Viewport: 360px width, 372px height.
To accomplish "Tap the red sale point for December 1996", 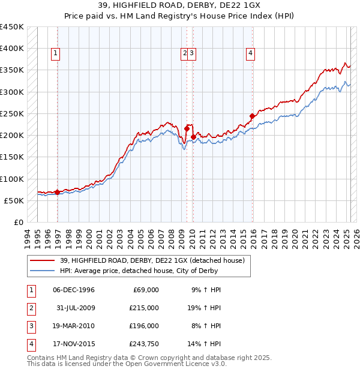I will pos(57,192).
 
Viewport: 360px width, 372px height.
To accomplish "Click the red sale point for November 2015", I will pos(252,116).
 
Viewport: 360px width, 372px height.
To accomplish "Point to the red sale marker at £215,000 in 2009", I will pos(187,128).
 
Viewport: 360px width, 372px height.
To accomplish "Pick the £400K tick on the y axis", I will pos(13,49).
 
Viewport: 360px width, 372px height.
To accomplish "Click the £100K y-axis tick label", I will pos(13,179).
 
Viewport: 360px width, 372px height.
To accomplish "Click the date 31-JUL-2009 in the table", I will pos(74,307).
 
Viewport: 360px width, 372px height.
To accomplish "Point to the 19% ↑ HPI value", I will pos(204,307).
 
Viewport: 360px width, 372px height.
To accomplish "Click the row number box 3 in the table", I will pos(31,326).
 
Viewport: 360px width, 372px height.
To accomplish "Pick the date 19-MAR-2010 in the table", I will pos(74,326).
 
